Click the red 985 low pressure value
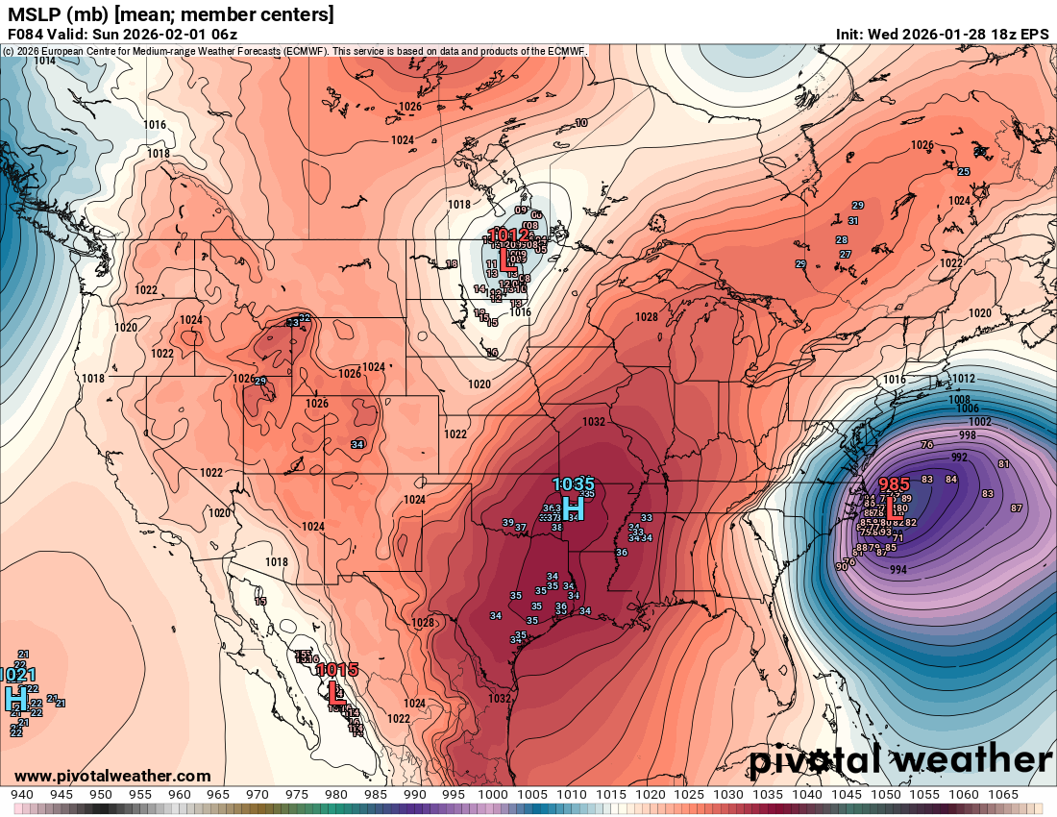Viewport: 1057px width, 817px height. click(x=894, y=484)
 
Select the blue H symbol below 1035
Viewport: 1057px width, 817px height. click(x=573, y=507)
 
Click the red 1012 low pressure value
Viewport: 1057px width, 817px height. click(x=508, y=235)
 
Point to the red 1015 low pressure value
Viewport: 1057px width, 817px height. click(x=337, y=669)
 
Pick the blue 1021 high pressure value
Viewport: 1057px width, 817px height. click(x=16, y=675)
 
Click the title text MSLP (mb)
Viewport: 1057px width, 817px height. click(x=58, y=14)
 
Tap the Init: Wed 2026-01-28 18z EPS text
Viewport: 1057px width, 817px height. click(x=942, y=34)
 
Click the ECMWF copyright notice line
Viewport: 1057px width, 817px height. click(x=293, y=50)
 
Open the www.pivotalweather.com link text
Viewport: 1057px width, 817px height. click(x=112, y=776)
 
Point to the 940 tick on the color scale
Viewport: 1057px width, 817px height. click(x=21, y=794)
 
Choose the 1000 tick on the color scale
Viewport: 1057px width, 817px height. click(x=492, y=794)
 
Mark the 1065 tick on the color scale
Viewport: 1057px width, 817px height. click(x=1002, y=794)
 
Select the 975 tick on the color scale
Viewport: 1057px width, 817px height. click(x=296, y=794)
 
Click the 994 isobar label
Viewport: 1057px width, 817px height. click(x=898, y=570)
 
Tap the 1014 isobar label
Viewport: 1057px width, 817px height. click(x=44, y=61)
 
